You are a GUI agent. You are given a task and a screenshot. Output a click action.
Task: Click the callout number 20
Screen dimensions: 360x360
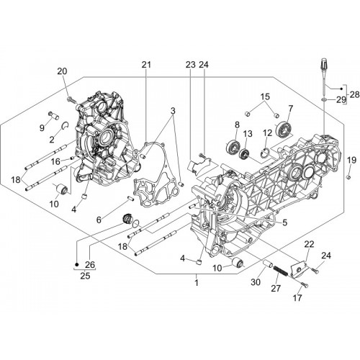pyautogui.click(x=62, y=71)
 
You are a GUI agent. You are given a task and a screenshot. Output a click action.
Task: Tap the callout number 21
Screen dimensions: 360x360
pyautogui.click(x=146, y=65)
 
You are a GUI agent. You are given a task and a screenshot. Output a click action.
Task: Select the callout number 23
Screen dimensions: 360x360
pyautogui.click(x=191, y=65)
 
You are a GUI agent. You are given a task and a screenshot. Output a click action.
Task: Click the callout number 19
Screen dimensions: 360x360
pyautogui.click(x=351, y=160)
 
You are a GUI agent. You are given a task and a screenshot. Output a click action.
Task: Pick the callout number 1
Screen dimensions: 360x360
pyautogui.click(x=197, y=283)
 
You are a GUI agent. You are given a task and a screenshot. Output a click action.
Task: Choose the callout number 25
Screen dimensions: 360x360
pyautogui.click(x=85, y=276)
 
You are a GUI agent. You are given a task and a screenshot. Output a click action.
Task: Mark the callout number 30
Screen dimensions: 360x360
pyautogui.click(x=256, y=282)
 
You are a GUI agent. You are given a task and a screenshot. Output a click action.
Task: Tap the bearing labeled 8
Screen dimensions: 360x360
pyautogui.click(x=233, y=146)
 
